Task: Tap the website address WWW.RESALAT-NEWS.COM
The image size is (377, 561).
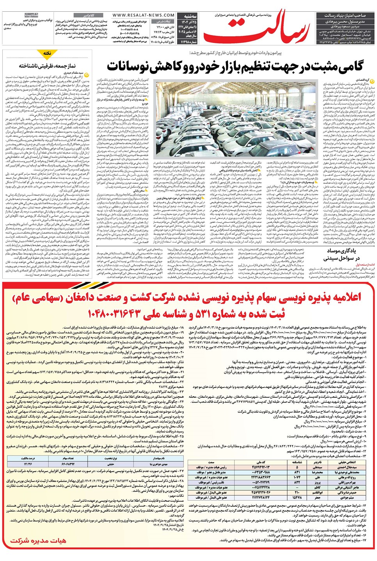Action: [143, 15]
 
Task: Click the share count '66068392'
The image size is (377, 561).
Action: [68, 464]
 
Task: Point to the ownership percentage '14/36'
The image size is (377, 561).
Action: [28, 464]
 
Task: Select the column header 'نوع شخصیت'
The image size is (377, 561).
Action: [111, 459]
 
